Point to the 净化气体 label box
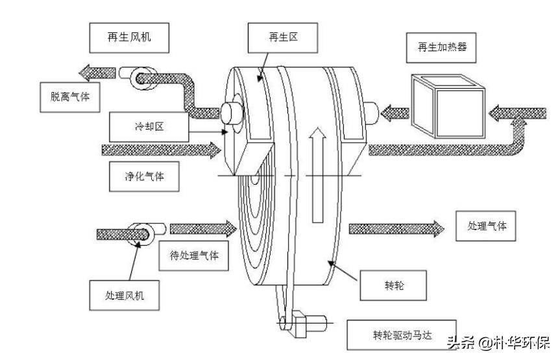pyautogui.click(x=143, y=177)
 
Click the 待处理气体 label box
pyautogui.click(x=194, y=256)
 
